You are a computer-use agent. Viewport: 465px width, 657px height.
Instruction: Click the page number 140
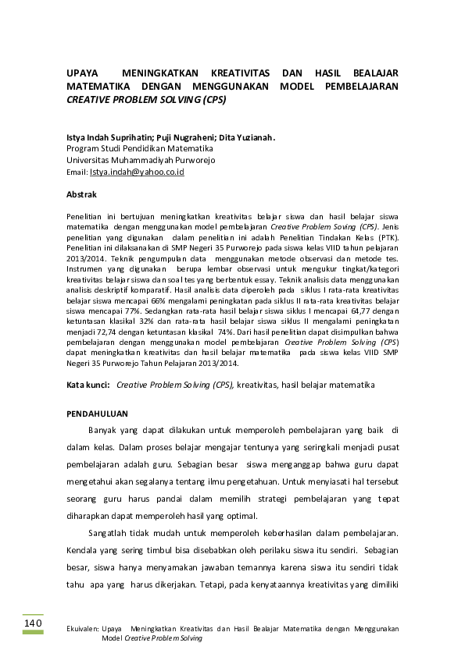pos(32,624)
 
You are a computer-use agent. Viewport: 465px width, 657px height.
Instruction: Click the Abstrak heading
pos(82,193)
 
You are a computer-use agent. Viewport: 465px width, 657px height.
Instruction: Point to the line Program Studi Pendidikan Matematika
pos(140,148)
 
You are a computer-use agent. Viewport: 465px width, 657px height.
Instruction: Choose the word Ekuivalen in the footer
pos(79,627)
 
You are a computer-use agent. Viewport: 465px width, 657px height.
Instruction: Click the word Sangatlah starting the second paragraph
pos(110,533)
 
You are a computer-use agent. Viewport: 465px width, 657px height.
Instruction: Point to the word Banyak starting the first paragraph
pos(103,430)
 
